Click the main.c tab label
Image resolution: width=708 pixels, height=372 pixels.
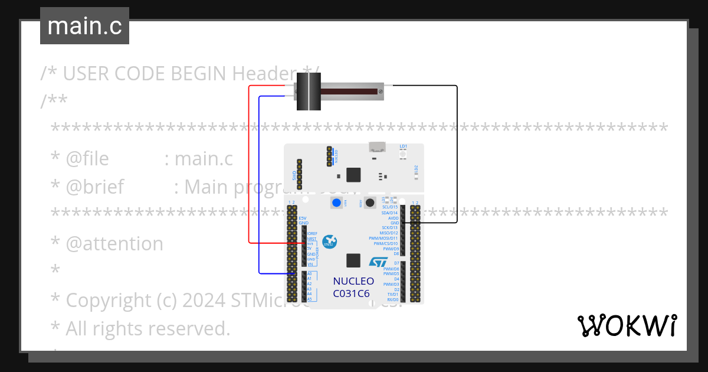pos(84,26)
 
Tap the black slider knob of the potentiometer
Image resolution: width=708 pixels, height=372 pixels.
pos(307,91)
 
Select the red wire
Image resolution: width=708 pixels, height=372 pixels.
pos(249,165)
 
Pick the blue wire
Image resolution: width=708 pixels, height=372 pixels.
pos(260,189)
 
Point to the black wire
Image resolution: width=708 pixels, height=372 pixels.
pos(457,154)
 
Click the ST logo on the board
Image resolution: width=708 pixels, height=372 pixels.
pos(378,262)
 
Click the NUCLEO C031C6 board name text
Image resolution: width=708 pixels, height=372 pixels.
pos(353,287)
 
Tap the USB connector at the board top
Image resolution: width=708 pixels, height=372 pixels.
pos(376,147)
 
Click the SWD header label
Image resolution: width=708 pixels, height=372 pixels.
pos(294,175)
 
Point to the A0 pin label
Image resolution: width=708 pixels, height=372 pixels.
pos(310,273)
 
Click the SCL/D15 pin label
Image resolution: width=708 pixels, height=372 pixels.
pos(390,207)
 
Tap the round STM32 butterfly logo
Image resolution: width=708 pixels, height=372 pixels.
pos(329,240)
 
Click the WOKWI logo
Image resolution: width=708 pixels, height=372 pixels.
pos(627,325)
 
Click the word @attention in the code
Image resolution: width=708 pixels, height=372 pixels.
pos(114,244)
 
